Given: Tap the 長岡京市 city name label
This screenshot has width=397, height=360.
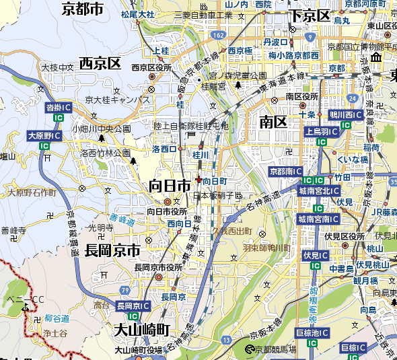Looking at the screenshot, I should coord(112,250).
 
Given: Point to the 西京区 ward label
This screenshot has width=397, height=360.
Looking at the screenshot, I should coord(100,64).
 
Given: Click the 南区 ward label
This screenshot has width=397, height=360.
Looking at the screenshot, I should coord(273,122).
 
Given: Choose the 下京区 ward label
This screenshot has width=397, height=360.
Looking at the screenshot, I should coord(309,15).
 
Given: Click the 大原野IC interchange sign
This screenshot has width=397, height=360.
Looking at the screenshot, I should coord(44,136).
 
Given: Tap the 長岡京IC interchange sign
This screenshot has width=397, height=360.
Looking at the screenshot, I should coord(133,305).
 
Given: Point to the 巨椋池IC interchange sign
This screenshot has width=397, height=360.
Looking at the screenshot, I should coord(313,333).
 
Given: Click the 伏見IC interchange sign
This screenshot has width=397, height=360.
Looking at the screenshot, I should coord(315,256).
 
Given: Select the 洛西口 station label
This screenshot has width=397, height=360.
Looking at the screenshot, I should coord(165,149).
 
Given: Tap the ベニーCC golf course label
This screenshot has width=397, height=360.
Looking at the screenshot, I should coord(25,299).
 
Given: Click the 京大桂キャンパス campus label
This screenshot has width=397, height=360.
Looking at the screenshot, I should coord(117,100).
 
